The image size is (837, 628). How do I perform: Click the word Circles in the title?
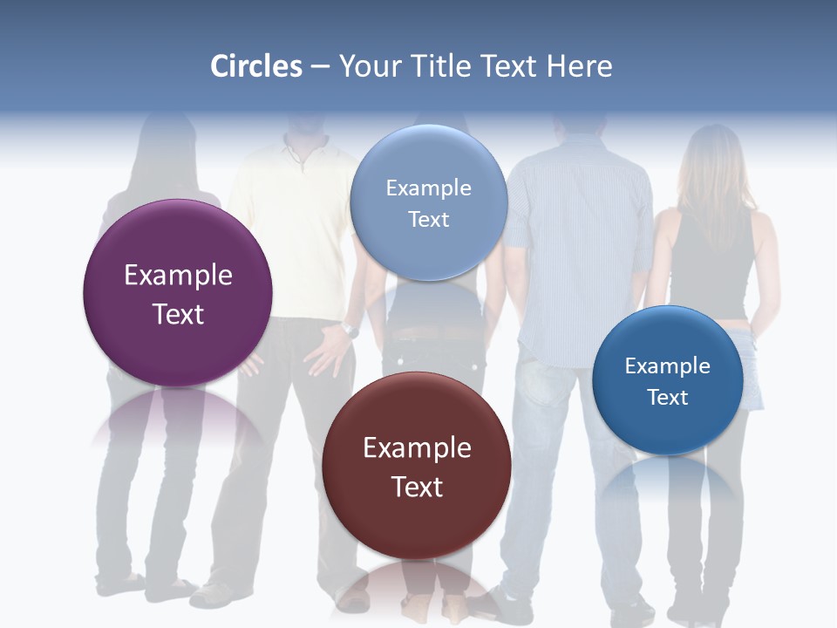point(256,66)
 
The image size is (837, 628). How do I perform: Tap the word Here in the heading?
point(579,66)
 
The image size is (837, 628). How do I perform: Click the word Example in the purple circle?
point(178,276)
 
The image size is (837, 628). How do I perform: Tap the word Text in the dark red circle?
point(417,487)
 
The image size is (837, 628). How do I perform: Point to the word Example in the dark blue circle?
point(668,366)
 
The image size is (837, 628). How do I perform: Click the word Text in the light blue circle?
point(428,220)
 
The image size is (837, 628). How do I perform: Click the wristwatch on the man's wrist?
point(350,331)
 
